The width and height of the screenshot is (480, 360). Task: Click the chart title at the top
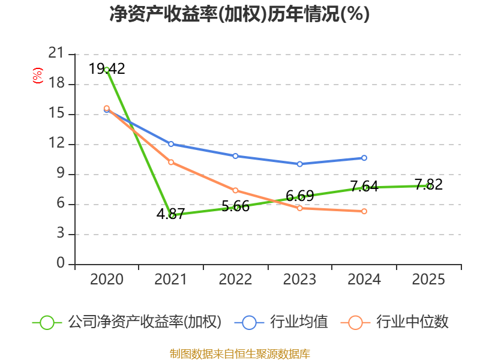pos(239,14)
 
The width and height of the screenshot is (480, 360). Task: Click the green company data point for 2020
pos(107,70)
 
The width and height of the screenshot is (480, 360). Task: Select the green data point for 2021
pos(172,215)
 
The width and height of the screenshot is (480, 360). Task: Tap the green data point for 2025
pos(429,186)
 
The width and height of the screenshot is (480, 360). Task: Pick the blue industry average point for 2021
pos(171,144)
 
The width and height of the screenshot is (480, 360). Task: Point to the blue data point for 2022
pos(235,156)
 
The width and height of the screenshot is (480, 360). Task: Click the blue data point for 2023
pos(299,164)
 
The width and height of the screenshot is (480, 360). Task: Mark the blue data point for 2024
pos(364,158)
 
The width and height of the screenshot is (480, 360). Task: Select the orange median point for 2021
pos(171,162)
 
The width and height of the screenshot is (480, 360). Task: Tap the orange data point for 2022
pos(235,190)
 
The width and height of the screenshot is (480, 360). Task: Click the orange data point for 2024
pos(364,211)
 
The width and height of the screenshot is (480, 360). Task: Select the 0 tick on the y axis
pos(60,264)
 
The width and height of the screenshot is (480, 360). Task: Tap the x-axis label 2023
pos(299,280)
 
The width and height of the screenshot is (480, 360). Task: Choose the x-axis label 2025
pos(428,280)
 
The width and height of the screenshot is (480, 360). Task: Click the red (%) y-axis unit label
pos(37,76)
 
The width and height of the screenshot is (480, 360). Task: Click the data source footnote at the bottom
pos(239,353)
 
